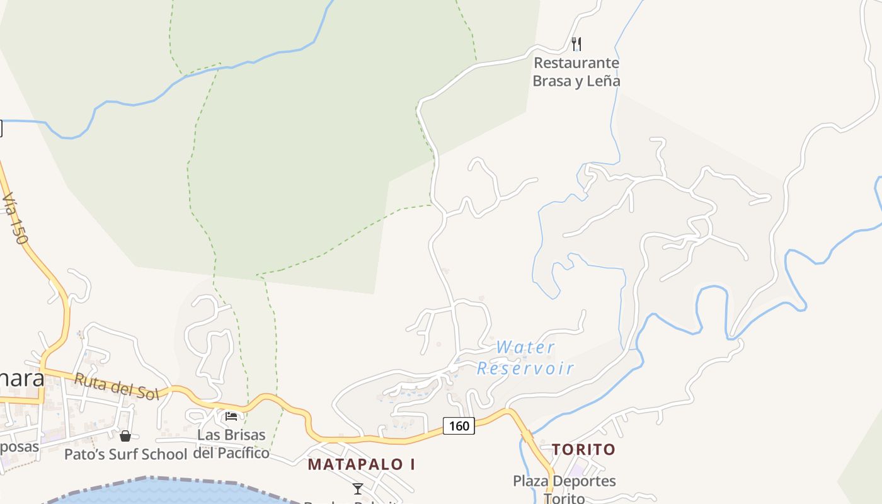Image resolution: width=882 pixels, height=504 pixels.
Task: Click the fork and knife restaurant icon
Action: pos(576,44)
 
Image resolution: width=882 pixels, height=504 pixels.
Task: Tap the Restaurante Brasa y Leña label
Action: pos(576,72)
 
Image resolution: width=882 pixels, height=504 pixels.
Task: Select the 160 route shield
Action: pos(459,426)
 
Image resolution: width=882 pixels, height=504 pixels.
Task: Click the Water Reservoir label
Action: pos(525,357)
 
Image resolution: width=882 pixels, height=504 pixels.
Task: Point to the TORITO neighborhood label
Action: pos(583,449)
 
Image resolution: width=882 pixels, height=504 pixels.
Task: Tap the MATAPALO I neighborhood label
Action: pos(362,464)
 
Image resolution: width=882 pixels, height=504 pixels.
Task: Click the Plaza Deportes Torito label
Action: pos(564,489)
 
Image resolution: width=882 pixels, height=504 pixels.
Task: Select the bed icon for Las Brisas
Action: pos(231,416)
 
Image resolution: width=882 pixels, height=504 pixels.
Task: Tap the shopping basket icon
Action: pos(125,435)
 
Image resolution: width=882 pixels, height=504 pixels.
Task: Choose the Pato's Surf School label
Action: pos(126,454)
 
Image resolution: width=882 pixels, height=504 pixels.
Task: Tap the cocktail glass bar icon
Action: pos(358,488)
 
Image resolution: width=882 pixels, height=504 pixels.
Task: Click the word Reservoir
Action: pos(525,368)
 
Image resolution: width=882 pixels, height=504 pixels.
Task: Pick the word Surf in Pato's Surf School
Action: pos(128,454)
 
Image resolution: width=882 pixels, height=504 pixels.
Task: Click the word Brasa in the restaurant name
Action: pos(552,81)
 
